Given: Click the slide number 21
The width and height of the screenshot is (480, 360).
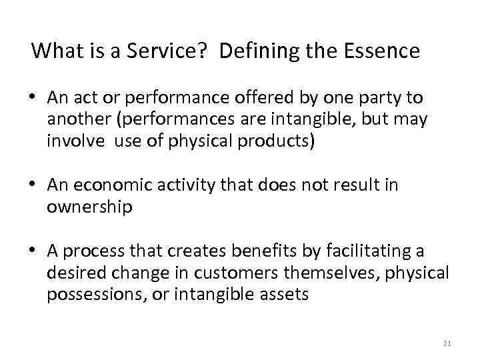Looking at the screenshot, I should coord(447,343).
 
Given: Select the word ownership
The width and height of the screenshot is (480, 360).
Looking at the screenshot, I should coord(89,207).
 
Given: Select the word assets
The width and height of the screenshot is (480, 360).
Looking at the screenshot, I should coord(285,294).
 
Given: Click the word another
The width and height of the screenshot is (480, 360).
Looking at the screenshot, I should coord(75,120).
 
